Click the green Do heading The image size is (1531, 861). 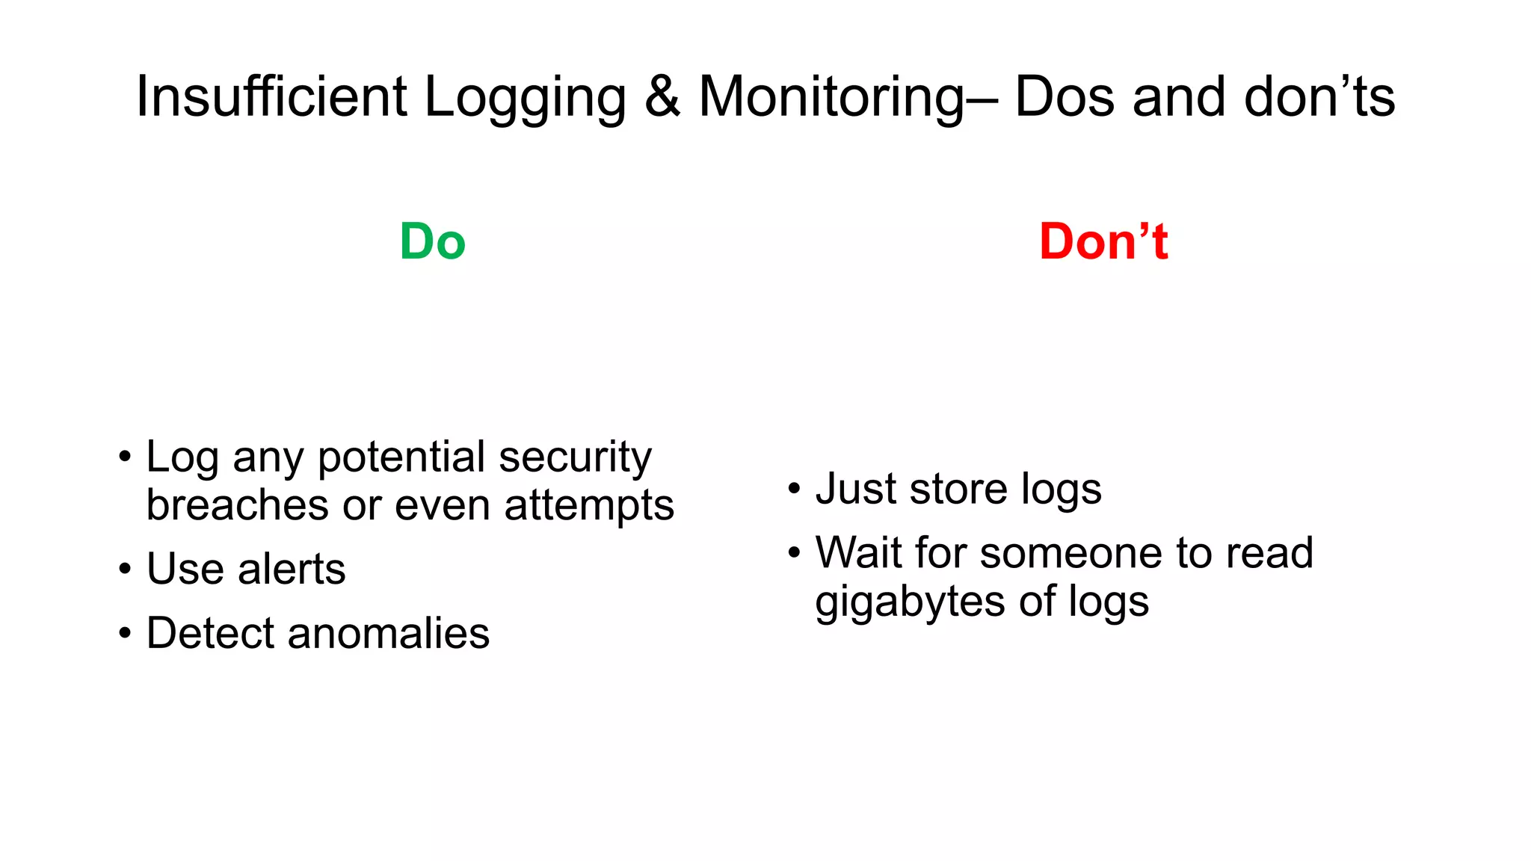(432, 242)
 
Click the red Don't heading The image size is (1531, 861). (1103, 242)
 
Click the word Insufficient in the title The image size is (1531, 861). (271, 97)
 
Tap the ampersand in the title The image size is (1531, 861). (662, 97)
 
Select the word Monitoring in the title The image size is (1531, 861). (832, 97)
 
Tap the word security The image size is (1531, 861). (575, 458)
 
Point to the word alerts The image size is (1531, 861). (292, 570)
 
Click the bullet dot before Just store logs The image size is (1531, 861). (794, 490)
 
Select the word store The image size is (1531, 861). (958, 490)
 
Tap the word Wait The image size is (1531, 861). (858, 553)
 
